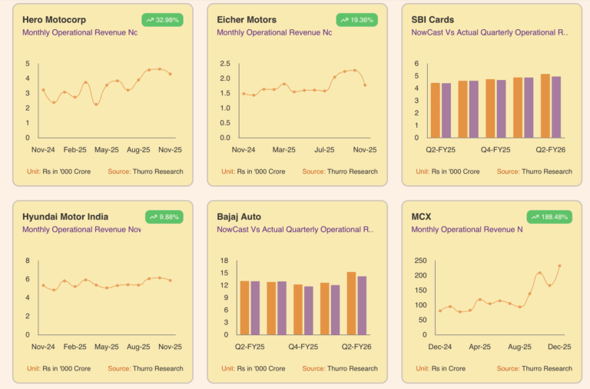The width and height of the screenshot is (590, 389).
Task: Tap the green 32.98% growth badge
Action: coord(163,19)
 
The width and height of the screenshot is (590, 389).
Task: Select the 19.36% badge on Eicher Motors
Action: coord(357,19)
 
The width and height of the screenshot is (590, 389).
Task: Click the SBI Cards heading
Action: coord(433,19)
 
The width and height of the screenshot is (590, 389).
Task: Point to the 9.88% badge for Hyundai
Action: coord(163,217)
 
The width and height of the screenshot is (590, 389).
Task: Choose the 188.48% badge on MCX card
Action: coord(549,217)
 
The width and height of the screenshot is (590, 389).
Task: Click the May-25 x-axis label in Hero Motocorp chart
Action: coord(105,150)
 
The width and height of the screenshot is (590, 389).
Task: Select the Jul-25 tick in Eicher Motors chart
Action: coord(324,150)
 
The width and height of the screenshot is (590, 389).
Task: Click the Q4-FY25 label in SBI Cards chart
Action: coord(496,150)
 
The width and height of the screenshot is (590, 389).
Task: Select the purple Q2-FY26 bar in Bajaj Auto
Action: coord(362,305)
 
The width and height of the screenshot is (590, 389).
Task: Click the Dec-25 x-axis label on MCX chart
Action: coord(559,347)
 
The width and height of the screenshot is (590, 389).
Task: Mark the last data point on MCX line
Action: coord(559,266)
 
